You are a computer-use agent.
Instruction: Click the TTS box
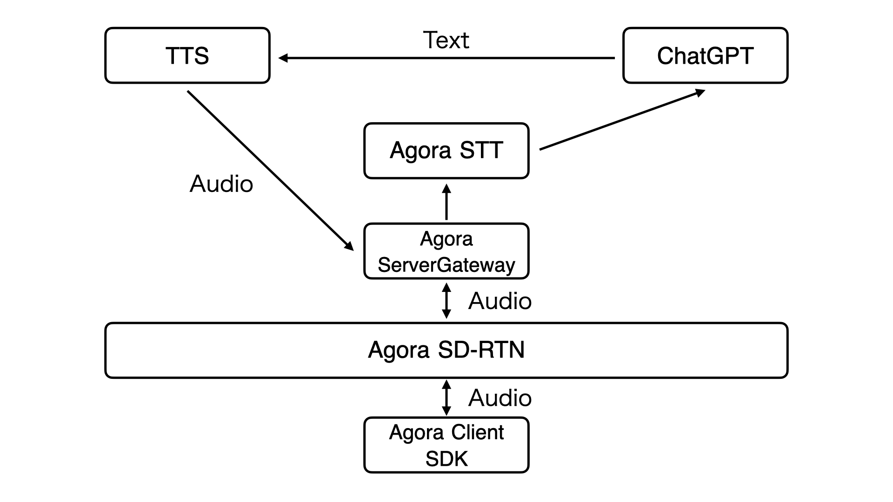point(187,56)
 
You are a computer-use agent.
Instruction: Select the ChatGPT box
point(705,56)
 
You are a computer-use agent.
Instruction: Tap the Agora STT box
point(446,151)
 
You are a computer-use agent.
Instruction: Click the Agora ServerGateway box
point(446,251)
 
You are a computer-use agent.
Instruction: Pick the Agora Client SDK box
point(446,445)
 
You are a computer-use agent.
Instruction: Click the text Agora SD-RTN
point(446,350)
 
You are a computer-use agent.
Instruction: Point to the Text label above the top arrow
point(446,40)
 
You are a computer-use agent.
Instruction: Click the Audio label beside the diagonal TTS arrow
point(221,184)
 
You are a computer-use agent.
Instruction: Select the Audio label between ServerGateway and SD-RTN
point(500,301)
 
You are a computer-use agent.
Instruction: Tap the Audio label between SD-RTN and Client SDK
point(500,398)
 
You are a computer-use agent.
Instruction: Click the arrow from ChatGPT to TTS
point(446,58)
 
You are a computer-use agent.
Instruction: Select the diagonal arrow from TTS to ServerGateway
point(270,170)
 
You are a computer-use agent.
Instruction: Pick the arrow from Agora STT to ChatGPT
point(622,120)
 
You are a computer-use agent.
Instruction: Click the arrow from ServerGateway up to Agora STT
point(446,202)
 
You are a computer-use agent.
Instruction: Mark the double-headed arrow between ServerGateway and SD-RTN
point(446,301)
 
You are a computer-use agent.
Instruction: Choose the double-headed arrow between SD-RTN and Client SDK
point(446,398)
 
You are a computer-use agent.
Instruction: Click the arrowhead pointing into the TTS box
point(283,58)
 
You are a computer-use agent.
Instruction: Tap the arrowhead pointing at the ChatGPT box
point(700,92)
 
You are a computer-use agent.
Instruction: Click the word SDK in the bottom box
point(446,459)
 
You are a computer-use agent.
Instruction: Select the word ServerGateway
point(446,265)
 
